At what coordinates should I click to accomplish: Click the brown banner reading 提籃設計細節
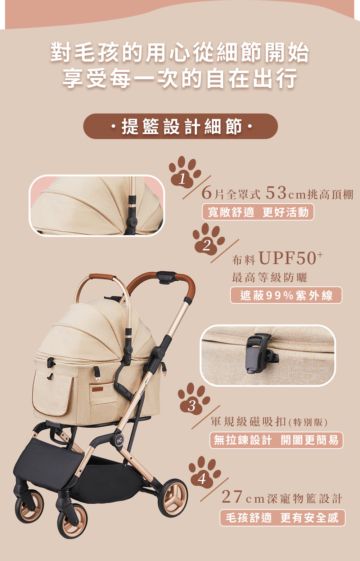click(x=180, y=126)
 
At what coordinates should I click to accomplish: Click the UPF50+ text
click(x=291, y=258)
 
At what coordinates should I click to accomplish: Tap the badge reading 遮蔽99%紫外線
click(x=286, y=295)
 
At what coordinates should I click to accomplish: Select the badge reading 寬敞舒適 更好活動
click(x=258, y=212)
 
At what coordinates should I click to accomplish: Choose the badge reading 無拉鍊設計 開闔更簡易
click(x=276, y=440)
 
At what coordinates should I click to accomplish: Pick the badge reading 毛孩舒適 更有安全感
click(x=283, y=518)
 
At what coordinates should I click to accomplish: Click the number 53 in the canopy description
click(x=276, y=193)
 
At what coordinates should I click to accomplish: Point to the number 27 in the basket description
click(x=232, y=497)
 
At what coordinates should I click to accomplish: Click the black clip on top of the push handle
click(x=166, y=277)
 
